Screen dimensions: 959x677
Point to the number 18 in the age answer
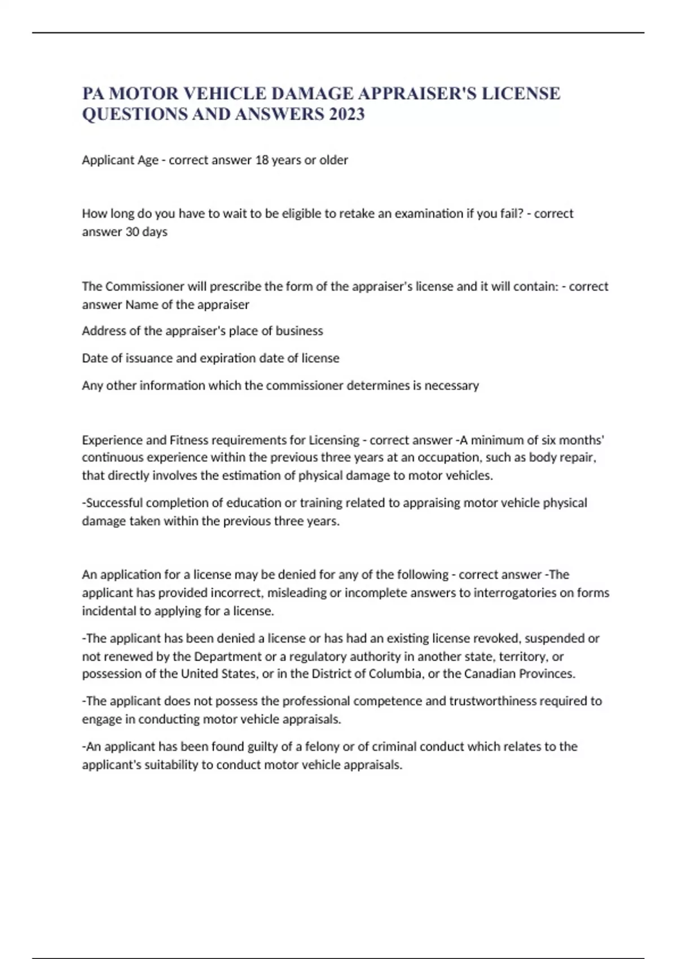262,160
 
